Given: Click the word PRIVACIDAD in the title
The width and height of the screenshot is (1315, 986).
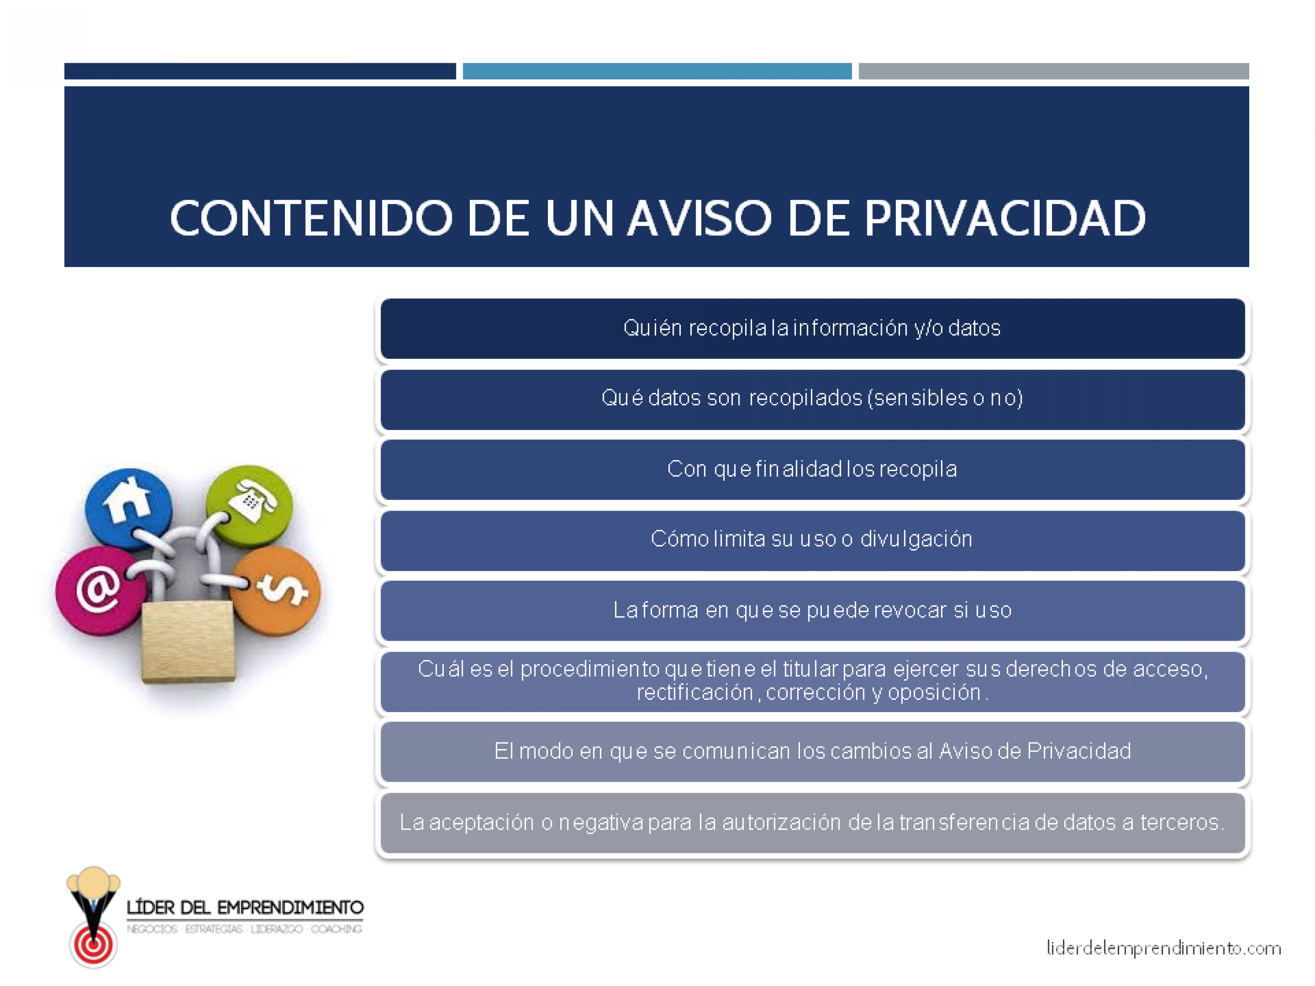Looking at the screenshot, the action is pos(1004,218).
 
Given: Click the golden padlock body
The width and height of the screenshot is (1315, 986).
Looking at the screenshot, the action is pos(188,641).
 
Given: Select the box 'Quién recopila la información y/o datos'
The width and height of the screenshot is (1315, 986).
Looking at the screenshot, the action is pos(813,329).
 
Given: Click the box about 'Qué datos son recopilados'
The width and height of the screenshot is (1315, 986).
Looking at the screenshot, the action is pos(813,399).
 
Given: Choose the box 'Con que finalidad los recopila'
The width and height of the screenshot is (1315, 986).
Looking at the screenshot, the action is pos(813,469).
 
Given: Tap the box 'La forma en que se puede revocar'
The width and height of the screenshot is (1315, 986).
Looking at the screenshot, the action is pos(813,611).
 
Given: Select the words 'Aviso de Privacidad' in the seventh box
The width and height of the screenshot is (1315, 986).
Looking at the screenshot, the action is pos(1035,751).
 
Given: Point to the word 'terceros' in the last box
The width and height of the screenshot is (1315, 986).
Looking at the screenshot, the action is pos(1181,823).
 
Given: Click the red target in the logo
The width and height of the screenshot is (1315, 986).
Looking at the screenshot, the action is pos(93,944).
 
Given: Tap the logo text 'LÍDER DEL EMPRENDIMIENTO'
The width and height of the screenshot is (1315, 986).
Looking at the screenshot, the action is pos(245,908).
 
